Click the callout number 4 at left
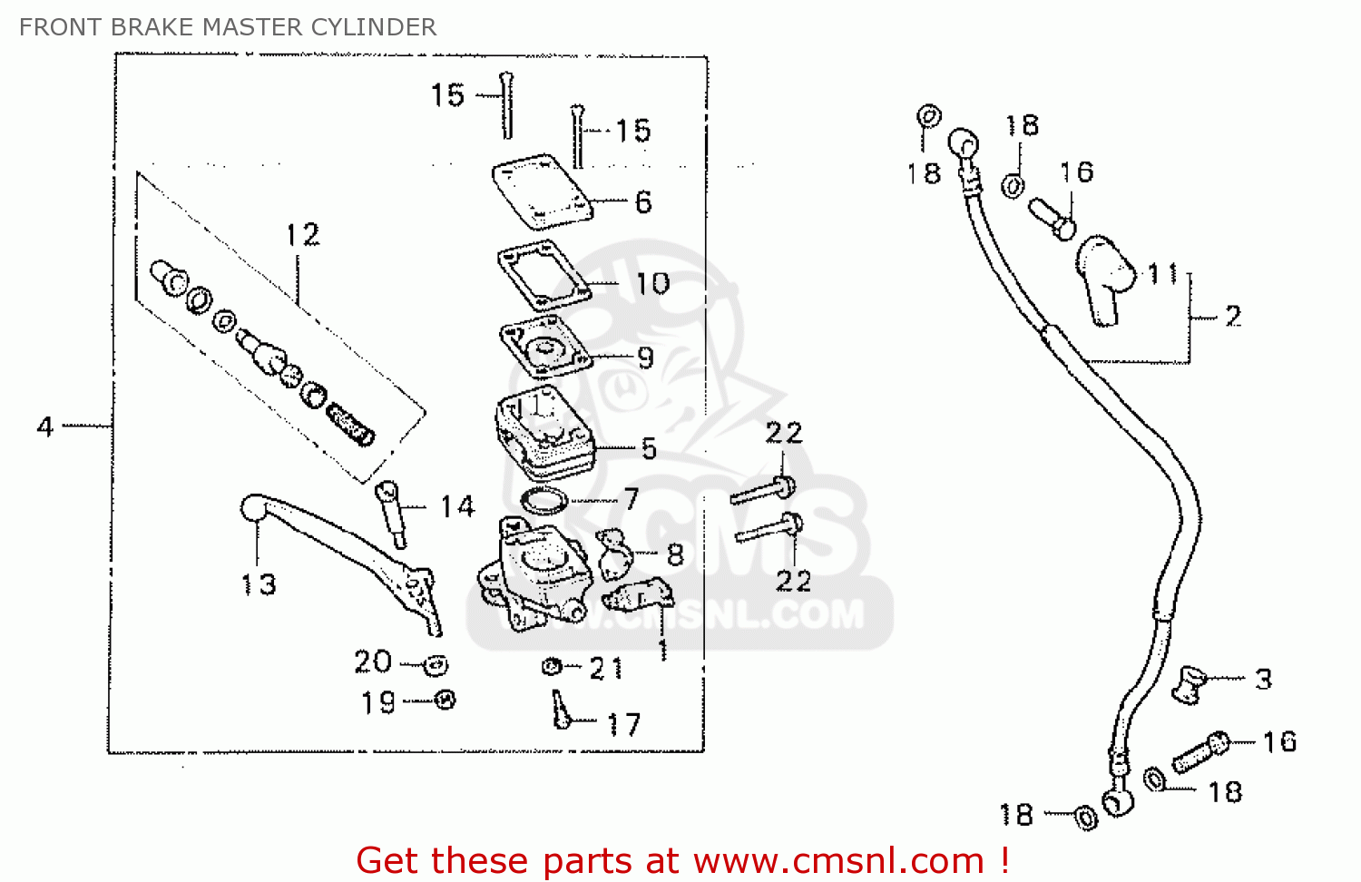pos(45,426)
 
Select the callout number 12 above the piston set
pos(302,235)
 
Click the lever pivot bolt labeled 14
pos(390,513)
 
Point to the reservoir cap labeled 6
pos(542,193)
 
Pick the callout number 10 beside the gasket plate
pos(652,284)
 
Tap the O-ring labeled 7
pos(544,499)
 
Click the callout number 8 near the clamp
pos(675,554)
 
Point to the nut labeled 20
pos(436,666)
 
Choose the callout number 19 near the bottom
pos(378,703)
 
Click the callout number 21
pos(606,669)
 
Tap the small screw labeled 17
pos(561,710)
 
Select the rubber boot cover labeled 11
pos(1104,277)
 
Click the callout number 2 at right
pos(1232,316)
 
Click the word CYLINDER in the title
pos(374,27)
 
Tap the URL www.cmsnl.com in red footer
pos(839,860)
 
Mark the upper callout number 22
pos(784,433)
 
